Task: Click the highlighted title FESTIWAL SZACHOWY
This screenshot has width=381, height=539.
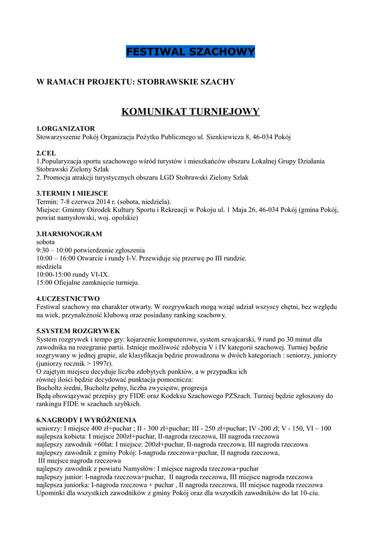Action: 190,52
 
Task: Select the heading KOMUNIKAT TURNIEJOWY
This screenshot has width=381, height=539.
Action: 190,112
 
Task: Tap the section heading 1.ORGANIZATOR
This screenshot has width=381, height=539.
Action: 65,128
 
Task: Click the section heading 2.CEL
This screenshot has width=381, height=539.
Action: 46,153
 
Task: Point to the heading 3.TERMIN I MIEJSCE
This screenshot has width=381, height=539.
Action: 72,193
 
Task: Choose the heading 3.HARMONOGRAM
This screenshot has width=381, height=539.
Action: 69,234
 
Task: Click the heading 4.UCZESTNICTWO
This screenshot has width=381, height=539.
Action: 68,298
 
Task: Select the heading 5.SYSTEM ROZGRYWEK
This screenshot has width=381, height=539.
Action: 78,331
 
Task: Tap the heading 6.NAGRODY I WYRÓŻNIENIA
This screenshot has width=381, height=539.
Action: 86,421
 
